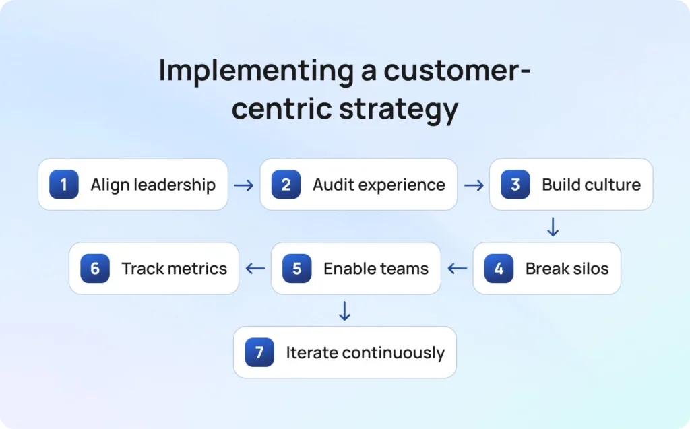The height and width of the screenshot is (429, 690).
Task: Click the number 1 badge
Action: pos(64,185)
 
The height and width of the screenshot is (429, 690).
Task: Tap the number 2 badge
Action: pos(286,185)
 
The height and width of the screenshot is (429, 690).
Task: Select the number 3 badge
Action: pos(515,185)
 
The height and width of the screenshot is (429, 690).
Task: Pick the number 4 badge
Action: pos(499,269)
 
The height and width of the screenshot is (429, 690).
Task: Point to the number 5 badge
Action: pos(297,269)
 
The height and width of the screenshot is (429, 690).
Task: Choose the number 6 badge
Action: pos(95,269)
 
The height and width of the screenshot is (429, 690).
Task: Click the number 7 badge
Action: pos(259,352)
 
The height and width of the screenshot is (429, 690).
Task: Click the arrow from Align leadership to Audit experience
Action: pos(244,185)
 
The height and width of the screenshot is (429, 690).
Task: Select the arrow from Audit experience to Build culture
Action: pos(474,185)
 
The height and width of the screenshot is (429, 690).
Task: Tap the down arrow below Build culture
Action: pos(553,226)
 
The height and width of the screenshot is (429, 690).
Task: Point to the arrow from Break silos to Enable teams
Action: pos(458,269)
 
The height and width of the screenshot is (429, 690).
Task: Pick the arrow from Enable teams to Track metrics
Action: pos(255,269)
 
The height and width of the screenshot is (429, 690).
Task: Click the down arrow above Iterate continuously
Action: pos(344,310)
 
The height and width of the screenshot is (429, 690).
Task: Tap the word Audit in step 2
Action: pos(332,185)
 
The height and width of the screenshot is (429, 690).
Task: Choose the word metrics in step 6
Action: pos(201,269)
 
